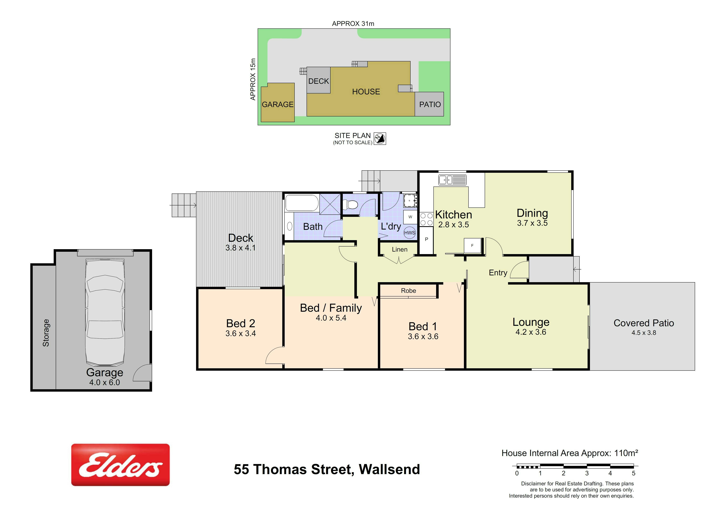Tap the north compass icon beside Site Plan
[x=380, y=138]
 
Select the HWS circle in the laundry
[x=410, y=233]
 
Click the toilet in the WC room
[x=350, y=205]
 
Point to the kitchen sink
[x=452, y=180]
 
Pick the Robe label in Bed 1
[x=408, y=291]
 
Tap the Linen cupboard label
[x=400, y=250]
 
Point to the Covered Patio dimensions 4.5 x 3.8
[x=644, y=332]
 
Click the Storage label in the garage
[x=46, y=333]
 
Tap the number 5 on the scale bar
[x=634, y=473]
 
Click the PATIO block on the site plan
[x=429, y=104]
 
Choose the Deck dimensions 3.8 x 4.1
[x=241, y=248]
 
